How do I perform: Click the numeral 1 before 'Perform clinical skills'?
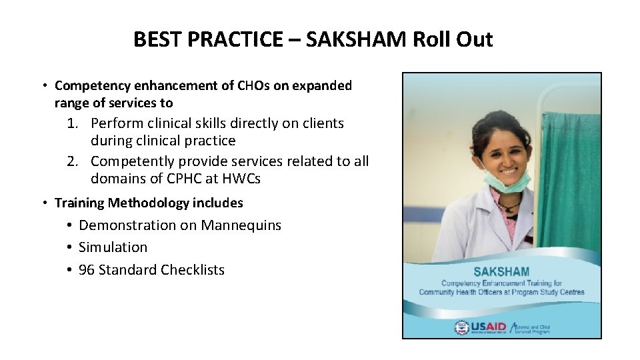(x=73, y=124)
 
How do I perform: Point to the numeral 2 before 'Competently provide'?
(x=73, y=161)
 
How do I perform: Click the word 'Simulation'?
(x=113, y=247)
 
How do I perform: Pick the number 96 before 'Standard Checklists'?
(x=87, y=270)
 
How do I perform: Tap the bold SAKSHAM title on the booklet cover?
(x=501, y=272)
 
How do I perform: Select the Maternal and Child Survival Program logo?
(x=531, y=327)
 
